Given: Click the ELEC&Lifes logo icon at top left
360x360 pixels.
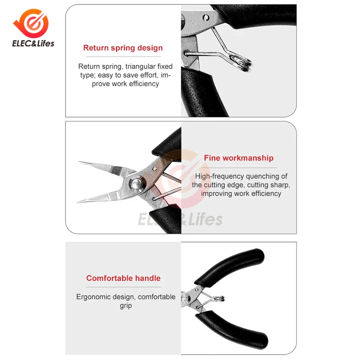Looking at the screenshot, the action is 31,23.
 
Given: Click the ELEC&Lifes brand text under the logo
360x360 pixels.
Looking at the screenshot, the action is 33,43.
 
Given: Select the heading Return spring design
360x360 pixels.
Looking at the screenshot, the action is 123,48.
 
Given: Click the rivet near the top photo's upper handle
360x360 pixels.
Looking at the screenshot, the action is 206,18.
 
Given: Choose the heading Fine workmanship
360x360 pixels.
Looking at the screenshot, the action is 238,158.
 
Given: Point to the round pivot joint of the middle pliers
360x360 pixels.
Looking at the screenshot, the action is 136,183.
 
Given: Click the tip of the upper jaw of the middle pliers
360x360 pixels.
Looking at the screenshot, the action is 79,162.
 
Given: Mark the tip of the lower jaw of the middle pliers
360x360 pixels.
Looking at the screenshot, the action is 77,202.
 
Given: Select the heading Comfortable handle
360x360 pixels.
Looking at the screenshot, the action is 123,278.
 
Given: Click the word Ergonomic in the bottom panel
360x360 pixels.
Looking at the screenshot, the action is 93,297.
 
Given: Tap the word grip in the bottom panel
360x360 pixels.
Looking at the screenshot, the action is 126,306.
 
